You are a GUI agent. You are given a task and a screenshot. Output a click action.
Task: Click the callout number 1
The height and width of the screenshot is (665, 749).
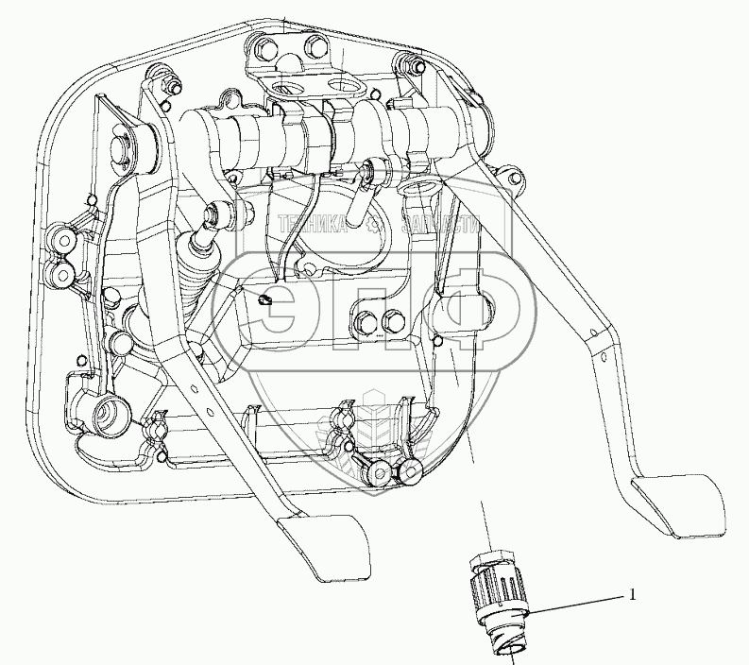[633, 595]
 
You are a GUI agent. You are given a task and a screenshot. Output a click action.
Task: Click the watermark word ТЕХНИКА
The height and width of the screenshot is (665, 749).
[313, 224]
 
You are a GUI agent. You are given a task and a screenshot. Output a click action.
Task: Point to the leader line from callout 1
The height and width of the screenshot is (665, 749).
[576, 605]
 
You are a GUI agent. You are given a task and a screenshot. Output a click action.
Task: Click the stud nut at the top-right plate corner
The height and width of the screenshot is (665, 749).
[413, 67]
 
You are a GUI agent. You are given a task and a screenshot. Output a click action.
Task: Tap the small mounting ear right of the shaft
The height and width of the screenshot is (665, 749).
[510, 174]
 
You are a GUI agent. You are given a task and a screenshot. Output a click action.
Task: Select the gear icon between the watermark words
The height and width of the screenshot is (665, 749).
[374, 225]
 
